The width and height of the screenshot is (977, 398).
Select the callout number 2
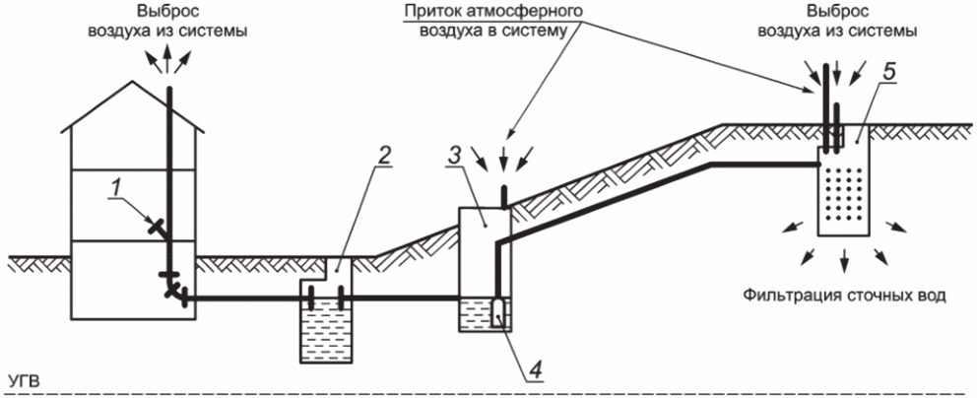(384, 155)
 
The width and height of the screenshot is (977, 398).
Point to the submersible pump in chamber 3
(496, 312)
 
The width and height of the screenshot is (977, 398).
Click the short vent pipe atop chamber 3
(504, 196)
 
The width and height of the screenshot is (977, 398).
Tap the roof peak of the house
(132, 81)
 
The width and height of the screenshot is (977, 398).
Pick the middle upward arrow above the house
(167, 62)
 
